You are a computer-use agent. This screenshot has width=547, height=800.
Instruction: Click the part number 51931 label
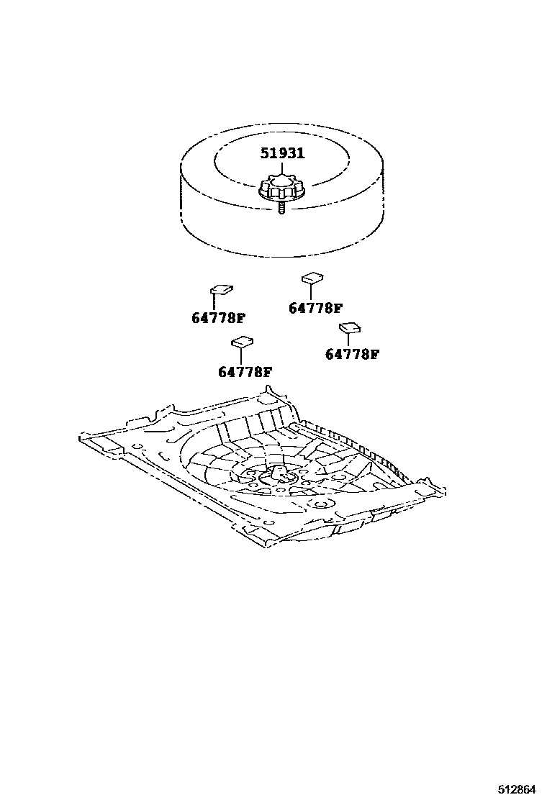pos(282,153)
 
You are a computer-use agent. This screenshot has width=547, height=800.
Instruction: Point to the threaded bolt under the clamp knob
pos(281,209)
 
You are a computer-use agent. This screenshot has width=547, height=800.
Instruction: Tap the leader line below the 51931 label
pos(282,168)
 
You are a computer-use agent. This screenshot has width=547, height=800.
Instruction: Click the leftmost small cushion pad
pos(221,289)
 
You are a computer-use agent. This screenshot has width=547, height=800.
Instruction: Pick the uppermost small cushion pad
pos(312,277)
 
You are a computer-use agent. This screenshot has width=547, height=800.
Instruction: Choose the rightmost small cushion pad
pos(350,327)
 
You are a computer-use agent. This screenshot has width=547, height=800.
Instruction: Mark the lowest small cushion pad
pos(243,341)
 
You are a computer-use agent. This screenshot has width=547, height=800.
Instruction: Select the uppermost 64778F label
pos(315,308)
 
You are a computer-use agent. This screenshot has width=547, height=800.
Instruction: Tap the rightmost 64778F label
pos(352,354)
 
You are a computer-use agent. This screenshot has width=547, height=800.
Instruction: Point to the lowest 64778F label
pos(245,372)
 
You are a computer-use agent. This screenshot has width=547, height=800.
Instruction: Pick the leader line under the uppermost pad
pos(310,291)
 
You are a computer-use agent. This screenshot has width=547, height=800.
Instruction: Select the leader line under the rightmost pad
pos(348,340)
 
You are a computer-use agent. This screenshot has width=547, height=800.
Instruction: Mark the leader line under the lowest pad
pos(240,355)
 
